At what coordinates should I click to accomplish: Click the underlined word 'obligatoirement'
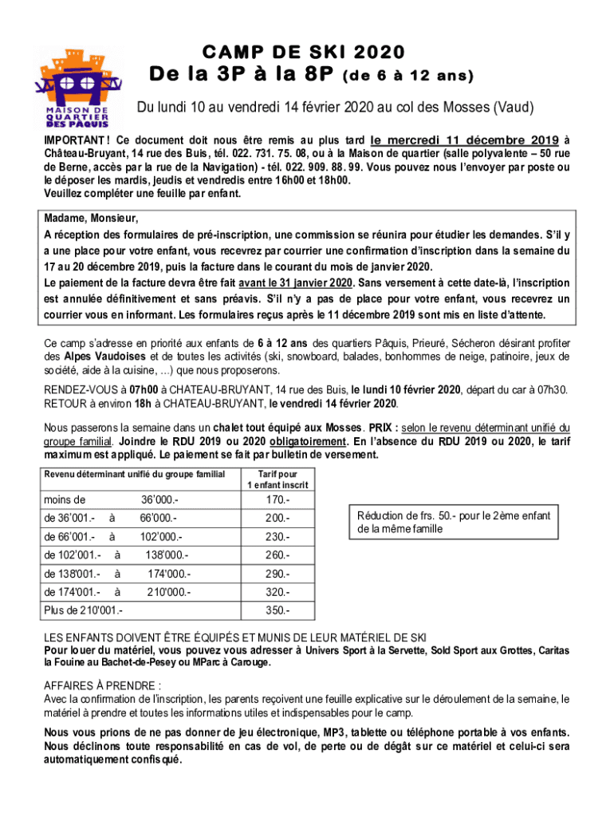click(309, 441)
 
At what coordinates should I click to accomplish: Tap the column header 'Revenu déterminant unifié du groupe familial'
click(134, 474)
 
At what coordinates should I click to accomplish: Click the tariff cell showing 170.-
click(277, 501)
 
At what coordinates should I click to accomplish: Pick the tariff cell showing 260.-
click(277, 555)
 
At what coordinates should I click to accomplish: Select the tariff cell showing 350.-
click(277, 611)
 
